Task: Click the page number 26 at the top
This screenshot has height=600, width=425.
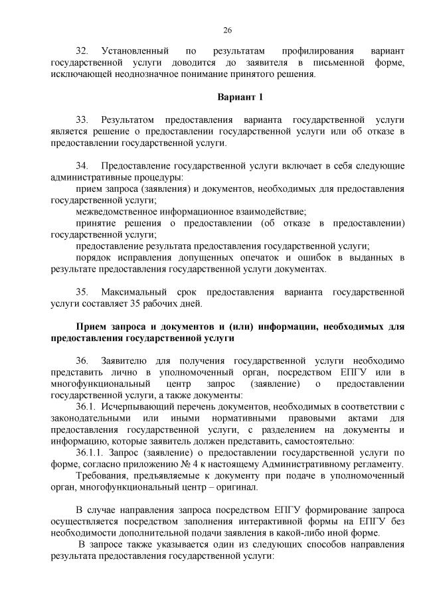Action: (x=226, y=30)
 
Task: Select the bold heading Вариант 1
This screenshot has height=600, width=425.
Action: (x=240, y=97)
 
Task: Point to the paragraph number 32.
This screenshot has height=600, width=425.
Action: (x=82, y=50)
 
